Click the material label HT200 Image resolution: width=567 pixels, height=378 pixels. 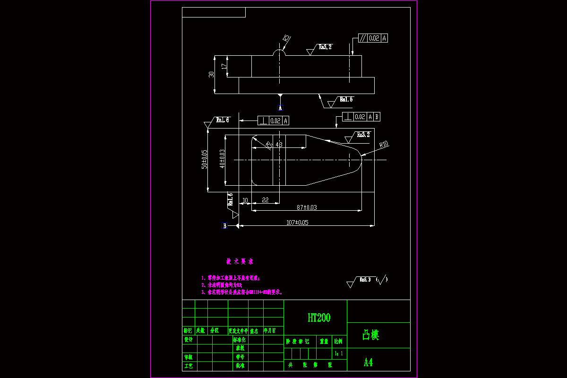(319, 318)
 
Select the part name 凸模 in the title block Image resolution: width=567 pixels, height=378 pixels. (371, 335)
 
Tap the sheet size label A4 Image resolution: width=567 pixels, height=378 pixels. (368, 362)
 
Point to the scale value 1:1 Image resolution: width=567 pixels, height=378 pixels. (338, 353)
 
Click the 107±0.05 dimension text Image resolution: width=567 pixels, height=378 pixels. (297, 223)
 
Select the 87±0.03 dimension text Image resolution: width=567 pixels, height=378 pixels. (307, 207)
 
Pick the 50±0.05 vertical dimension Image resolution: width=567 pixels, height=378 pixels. (205, 159)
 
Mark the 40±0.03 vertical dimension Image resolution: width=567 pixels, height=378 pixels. (222, 159)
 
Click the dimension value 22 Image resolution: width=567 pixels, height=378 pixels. (265, 200)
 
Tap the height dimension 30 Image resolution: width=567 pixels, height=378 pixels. (212, 74)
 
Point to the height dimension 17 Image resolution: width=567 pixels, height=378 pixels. (224, 67)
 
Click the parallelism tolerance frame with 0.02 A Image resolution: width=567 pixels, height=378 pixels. (373, 38)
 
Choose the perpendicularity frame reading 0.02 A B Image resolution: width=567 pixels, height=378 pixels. (361, 117)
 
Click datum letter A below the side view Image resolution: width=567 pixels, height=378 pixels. (280, 108)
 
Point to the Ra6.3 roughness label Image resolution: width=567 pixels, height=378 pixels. (365, 280)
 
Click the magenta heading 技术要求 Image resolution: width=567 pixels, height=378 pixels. (240, 261)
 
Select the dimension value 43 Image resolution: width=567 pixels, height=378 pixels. (279, 145)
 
